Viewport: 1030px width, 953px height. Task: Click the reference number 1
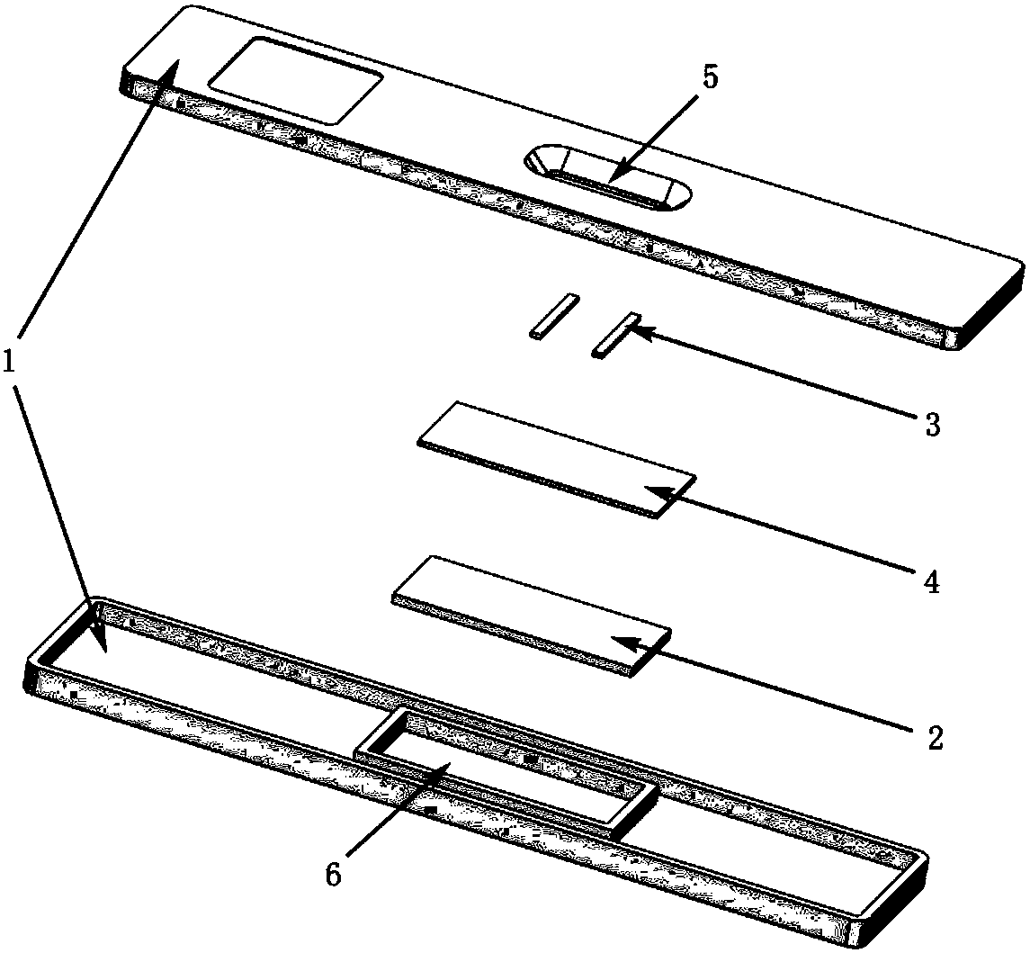[9, 362]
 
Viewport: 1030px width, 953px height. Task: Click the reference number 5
[710, 76]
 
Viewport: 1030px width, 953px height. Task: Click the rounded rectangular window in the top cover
[296, 81]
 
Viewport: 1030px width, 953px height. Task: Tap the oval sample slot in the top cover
[607, 176]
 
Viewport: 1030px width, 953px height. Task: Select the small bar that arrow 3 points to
[615, 335]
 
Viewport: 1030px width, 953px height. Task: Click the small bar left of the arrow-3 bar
[554, 316]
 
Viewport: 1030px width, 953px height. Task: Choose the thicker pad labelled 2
[532, 616]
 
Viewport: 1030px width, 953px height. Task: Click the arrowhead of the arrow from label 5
[614, 175]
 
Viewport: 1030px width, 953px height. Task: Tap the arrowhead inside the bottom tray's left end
[100, 641]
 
